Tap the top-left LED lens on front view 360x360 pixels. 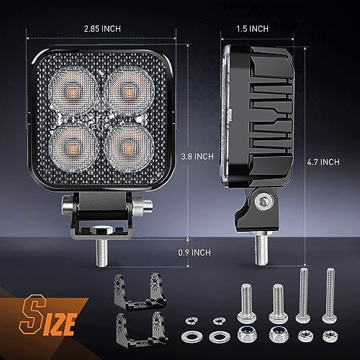pyautogui.click(x=76, y=90)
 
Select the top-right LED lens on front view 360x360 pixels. pyautogui.click(x=126, y=90)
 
